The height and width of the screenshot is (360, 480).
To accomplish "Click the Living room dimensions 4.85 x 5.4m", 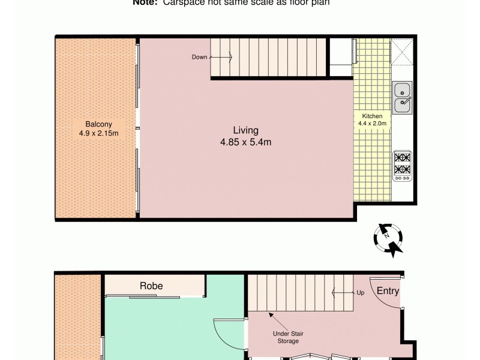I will coord(245,142).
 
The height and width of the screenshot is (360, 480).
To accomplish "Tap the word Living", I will coord(245,130).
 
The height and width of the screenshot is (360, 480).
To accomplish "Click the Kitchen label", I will coord(372,116).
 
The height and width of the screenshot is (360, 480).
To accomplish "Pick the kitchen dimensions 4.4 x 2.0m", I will coord(372,124).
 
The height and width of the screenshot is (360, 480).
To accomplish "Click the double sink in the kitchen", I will coord(401,98).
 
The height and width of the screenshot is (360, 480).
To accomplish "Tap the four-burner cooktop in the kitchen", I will coord(401,166).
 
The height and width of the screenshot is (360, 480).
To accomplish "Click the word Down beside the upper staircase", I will coord(199,58).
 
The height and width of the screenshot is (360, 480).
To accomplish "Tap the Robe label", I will coord(151,286).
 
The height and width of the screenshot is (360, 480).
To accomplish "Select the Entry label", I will coord(388,291).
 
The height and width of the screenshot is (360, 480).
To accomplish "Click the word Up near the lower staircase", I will coord(360,293).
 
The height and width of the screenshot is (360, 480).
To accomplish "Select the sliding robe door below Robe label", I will coord(150,296).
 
